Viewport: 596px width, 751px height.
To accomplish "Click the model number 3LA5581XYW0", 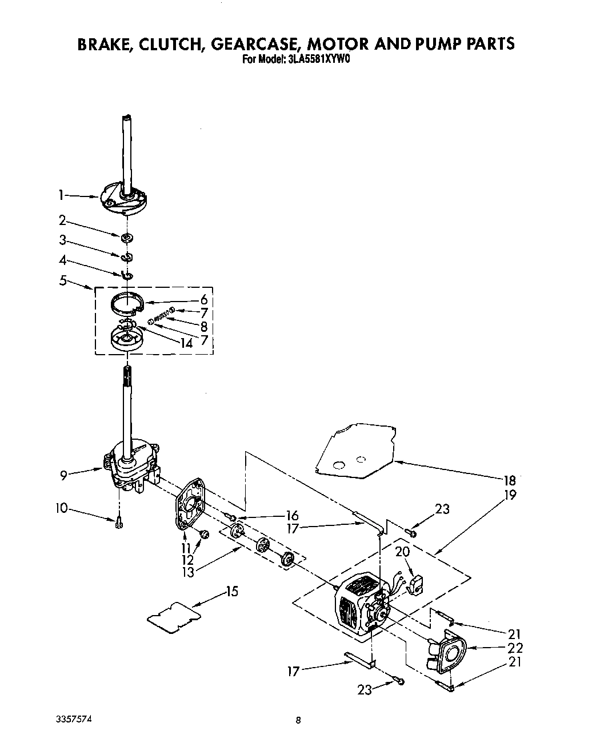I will coord(313,58).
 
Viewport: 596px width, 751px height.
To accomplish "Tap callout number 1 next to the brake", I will coord(61,195).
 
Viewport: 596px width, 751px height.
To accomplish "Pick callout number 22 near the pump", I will coord(515,648).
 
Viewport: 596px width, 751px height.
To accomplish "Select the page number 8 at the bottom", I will coord(298,721).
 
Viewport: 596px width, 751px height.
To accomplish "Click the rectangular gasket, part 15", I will coord(174,618).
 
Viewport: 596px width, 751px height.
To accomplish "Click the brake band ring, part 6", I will coord(127,302).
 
